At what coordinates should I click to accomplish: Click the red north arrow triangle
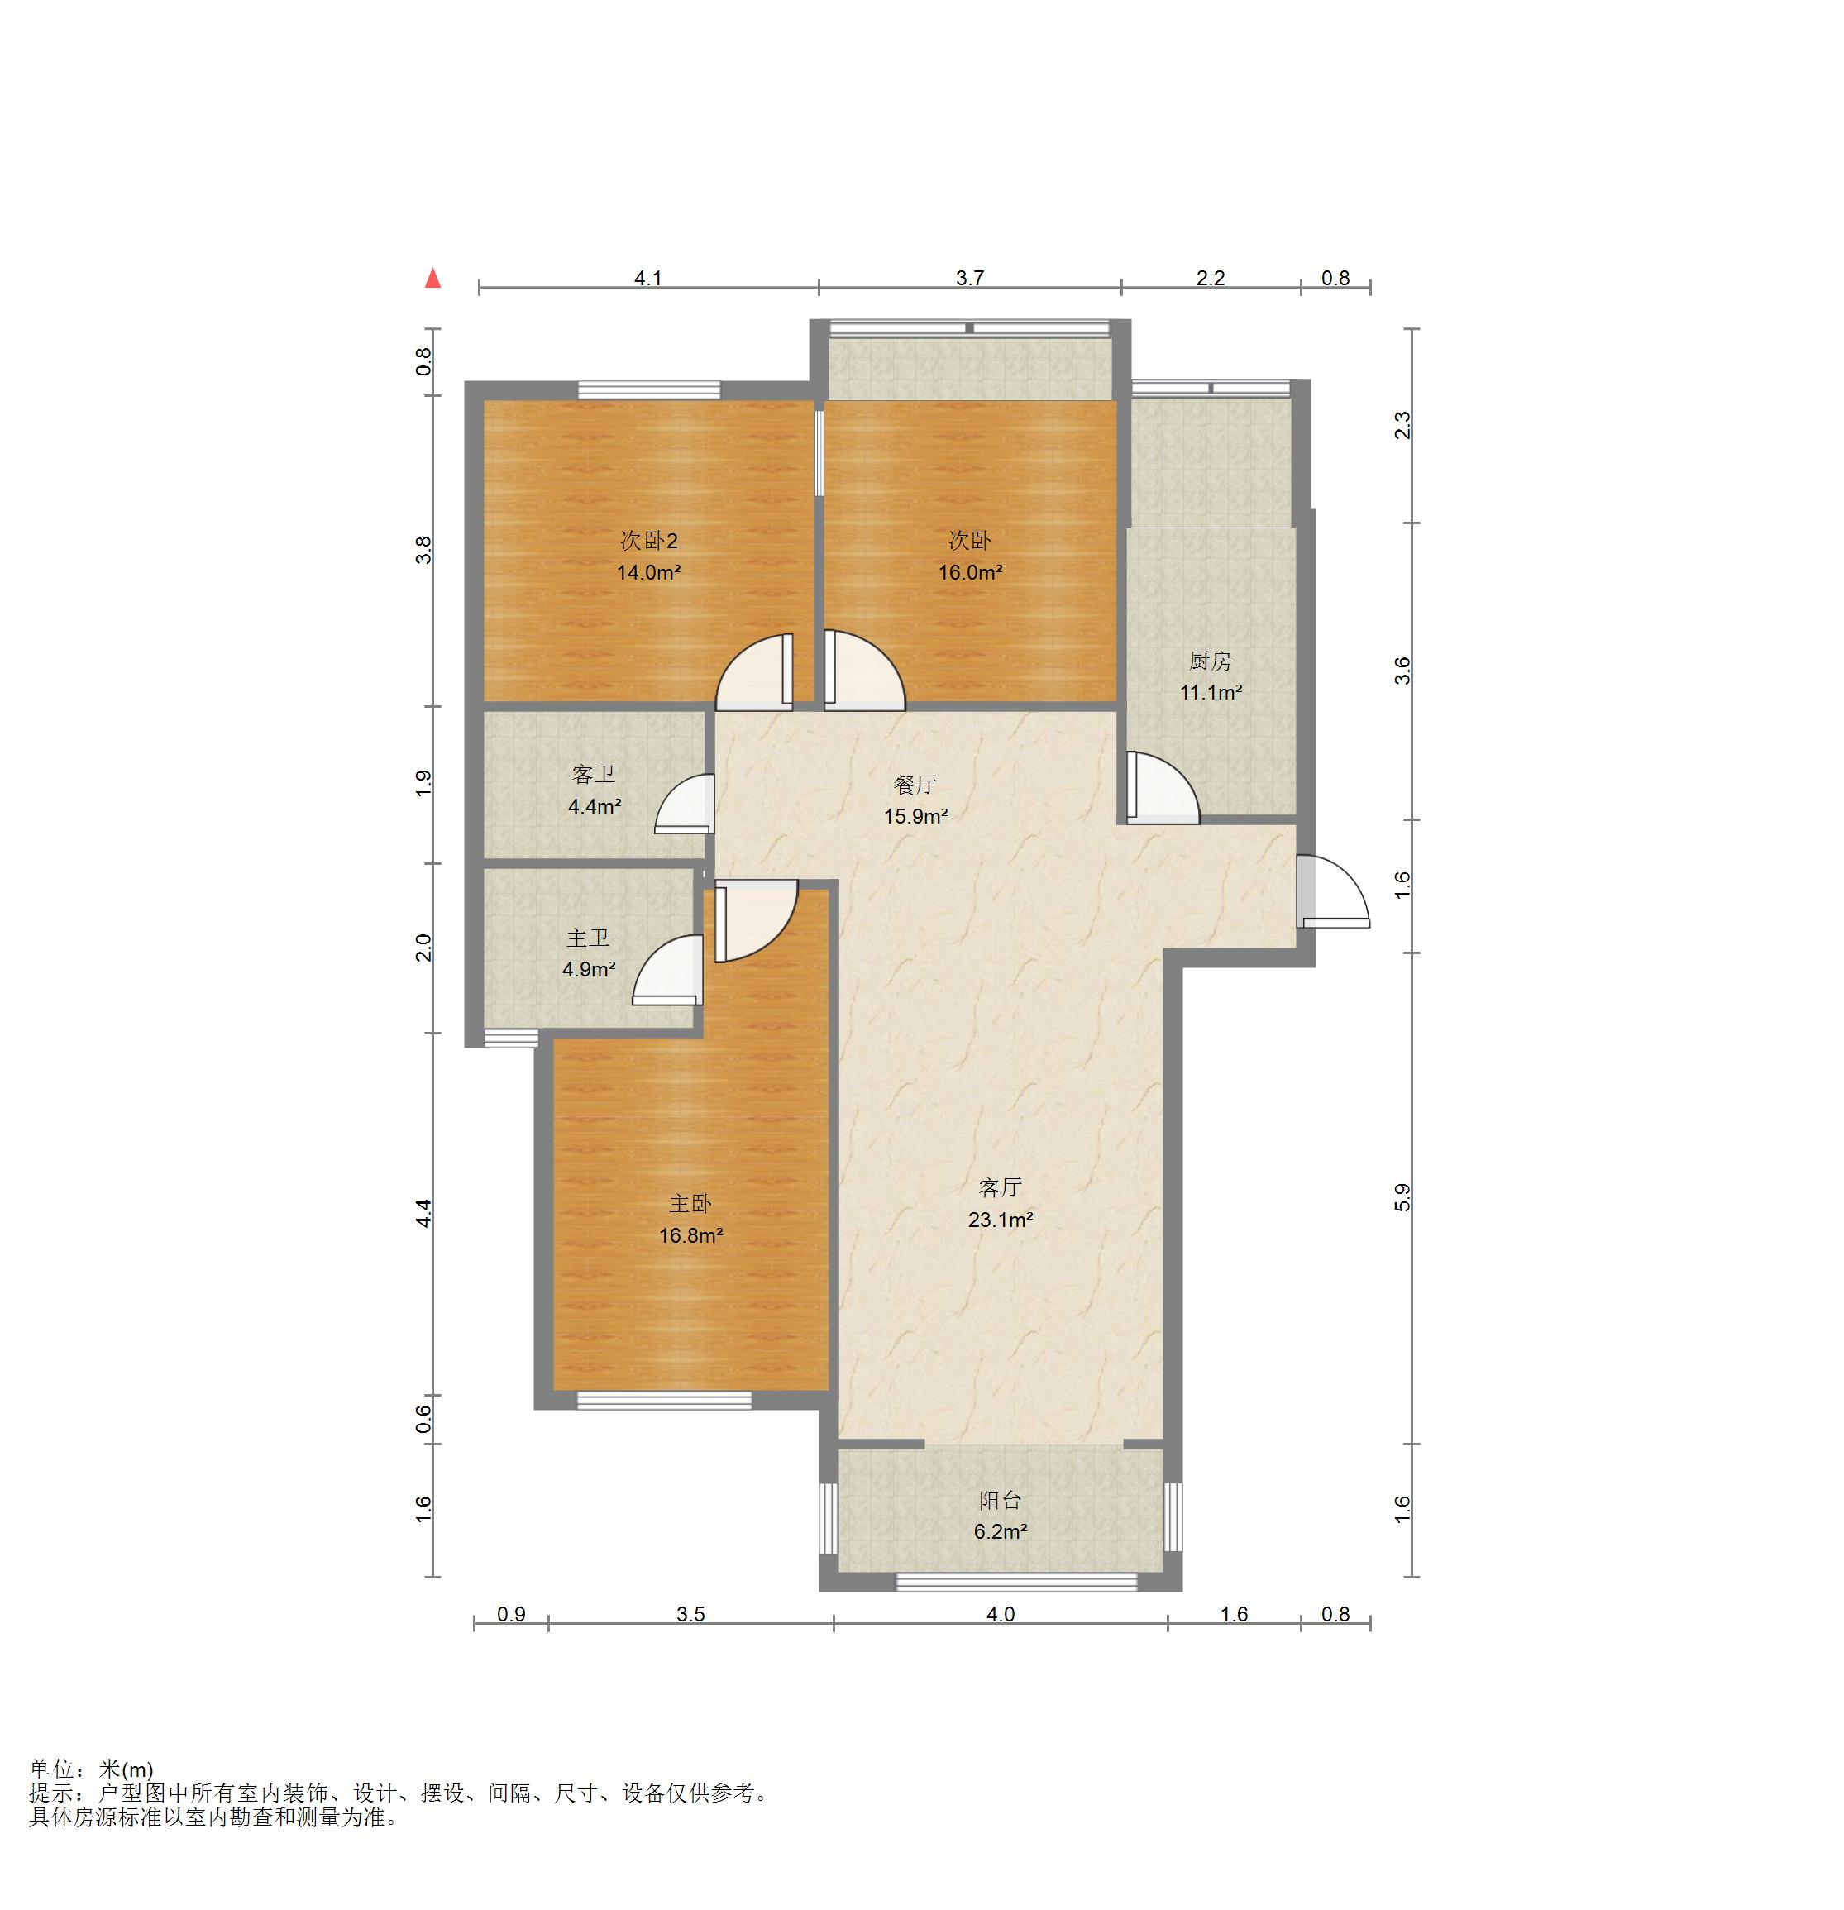point(432,279)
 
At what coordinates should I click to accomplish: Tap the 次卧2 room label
point(649,541)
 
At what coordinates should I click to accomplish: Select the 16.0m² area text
point(970,572)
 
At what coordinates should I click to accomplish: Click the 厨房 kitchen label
point(1211,661)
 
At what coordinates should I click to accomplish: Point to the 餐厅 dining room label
point(915,785)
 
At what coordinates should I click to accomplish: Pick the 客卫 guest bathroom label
point(594,775)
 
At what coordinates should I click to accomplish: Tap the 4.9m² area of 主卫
point(589,970)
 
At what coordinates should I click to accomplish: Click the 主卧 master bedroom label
point(690,1205)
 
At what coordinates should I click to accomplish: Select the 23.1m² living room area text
point(1000,1219)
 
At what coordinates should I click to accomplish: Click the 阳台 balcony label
point(1000,1501)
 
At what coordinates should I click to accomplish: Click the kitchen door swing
point(1163,785)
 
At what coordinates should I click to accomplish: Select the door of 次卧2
point(754,671)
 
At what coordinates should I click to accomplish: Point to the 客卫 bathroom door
point(686,804)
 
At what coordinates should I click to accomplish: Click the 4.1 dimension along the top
point(648,279)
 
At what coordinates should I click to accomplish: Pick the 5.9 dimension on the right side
point(1402,1196)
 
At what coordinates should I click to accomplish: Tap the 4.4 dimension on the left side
point(424,1213)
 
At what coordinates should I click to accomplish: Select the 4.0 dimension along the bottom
point(1001,1615)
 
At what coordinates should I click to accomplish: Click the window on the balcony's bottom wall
point(1016,1583)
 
